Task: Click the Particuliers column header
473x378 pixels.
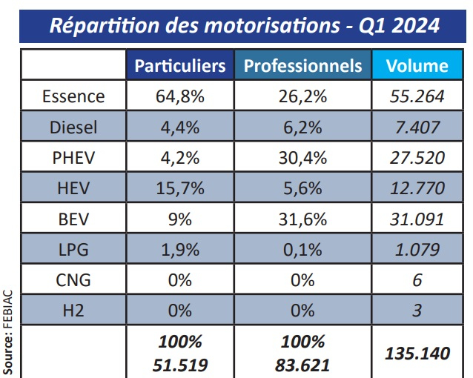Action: (180, 66)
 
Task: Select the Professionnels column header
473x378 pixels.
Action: (302, 66)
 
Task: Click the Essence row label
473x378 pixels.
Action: (73, 96)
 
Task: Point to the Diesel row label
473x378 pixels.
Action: (73, 127)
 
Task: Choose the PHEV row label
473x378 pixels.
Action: (73, 158)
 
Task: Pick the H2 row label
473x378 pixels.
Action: (73, 311)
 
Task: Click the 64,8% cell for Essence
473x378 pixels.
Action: (180, 96)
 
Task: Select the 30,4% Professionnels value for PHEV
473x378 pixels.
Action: (302, 158)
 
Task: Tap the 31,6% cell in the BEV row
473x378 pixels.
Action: (302, 219)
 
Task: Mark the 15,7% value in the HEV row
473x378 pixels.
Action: (180, 188)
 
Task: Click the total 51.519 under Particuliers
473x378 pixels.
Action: (180, 364)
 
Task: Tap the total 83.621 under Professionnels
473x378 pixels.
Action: (302, 364)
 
